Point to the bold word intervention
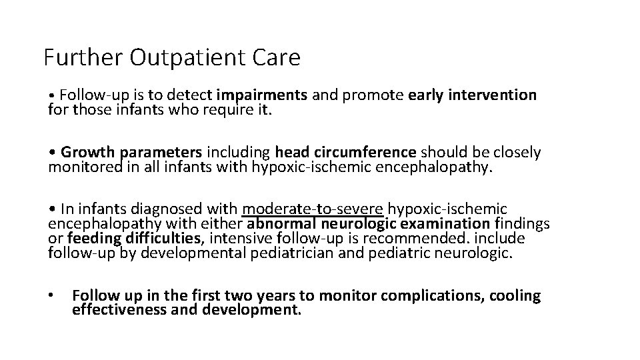[493, 95]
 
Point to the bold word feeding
[89, 239]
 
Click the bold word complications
[434, 296]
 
